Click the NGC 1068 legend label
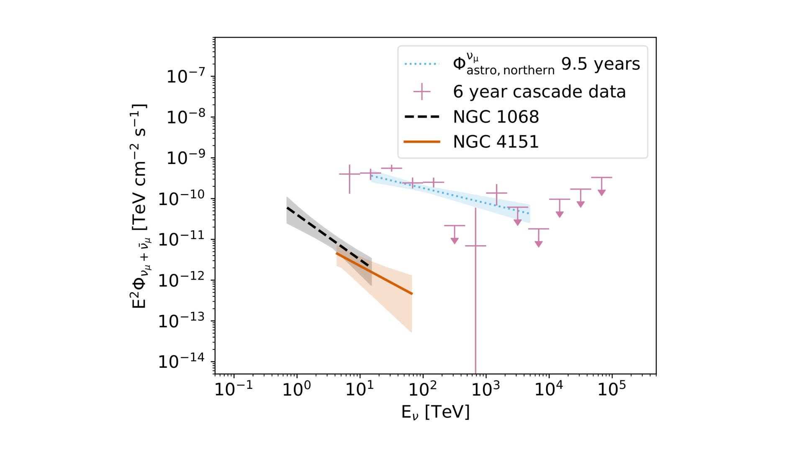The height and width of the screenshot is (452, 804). pos(496,117)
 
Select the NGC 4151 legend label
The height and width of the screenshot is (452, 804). pos(496,142)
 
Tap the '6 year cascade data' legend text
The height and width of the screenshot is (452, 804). pos(539,92)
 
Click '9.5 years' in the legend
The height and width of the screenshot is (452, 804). pos(600,64)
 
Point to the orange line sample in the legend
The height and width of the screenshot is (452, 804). pos(421,142)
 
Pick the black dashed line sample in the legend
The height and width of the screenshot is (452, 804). pos(421,117)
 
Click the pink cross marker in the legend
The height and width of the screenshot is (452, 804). pos(421,92)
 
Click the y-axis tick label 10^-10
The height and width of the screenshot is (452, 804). pos(181,198)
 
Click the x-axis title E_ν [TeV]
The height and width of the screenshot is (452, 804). pos(435,412)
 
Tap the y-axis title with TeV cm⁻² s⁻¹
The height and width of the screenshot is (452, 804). pos(139,206)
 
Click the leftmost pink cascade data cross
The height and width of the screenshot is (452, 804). pos(349,174)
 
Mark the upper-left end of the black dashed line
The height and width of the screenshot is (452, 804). pos(287,208)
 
